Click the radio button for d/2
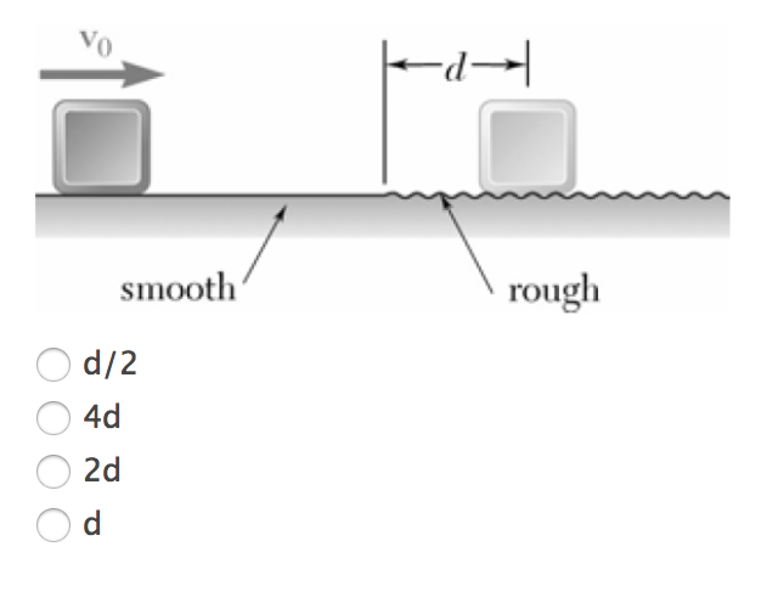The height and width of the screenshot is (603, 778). click(53, 364)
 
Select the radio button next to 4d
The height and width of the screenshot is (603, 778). click(53, 418)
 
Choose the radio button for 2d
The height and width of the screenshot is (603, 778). click(53, 471)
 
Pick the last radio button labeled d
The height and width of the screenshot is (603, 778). click(53, 525)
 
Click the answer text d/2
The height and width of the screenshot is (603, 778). click(110, 364)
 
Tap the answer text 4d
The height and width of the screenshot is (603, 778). click(102, 417)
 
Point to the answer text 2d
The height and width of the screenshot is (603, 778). click(102, 470)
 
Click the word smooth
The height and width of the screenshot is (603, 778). click(178, 288)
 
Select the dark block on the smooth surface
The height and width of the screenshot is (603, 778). click(102, 147)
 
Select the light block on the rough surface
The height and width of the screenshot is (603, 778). click(527, 146)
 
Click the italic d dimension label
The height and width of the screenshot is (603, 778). click(455, 67)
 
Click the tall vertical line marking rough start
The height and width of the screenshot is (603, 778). click(384, 111)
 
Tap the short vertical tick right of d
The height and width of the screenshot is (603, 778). click(527, 63)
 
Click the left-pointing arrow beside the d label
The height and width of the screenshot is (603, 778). click(414, 64)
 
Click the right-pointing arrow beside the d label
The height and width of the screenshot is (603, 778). click(498, 65)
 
